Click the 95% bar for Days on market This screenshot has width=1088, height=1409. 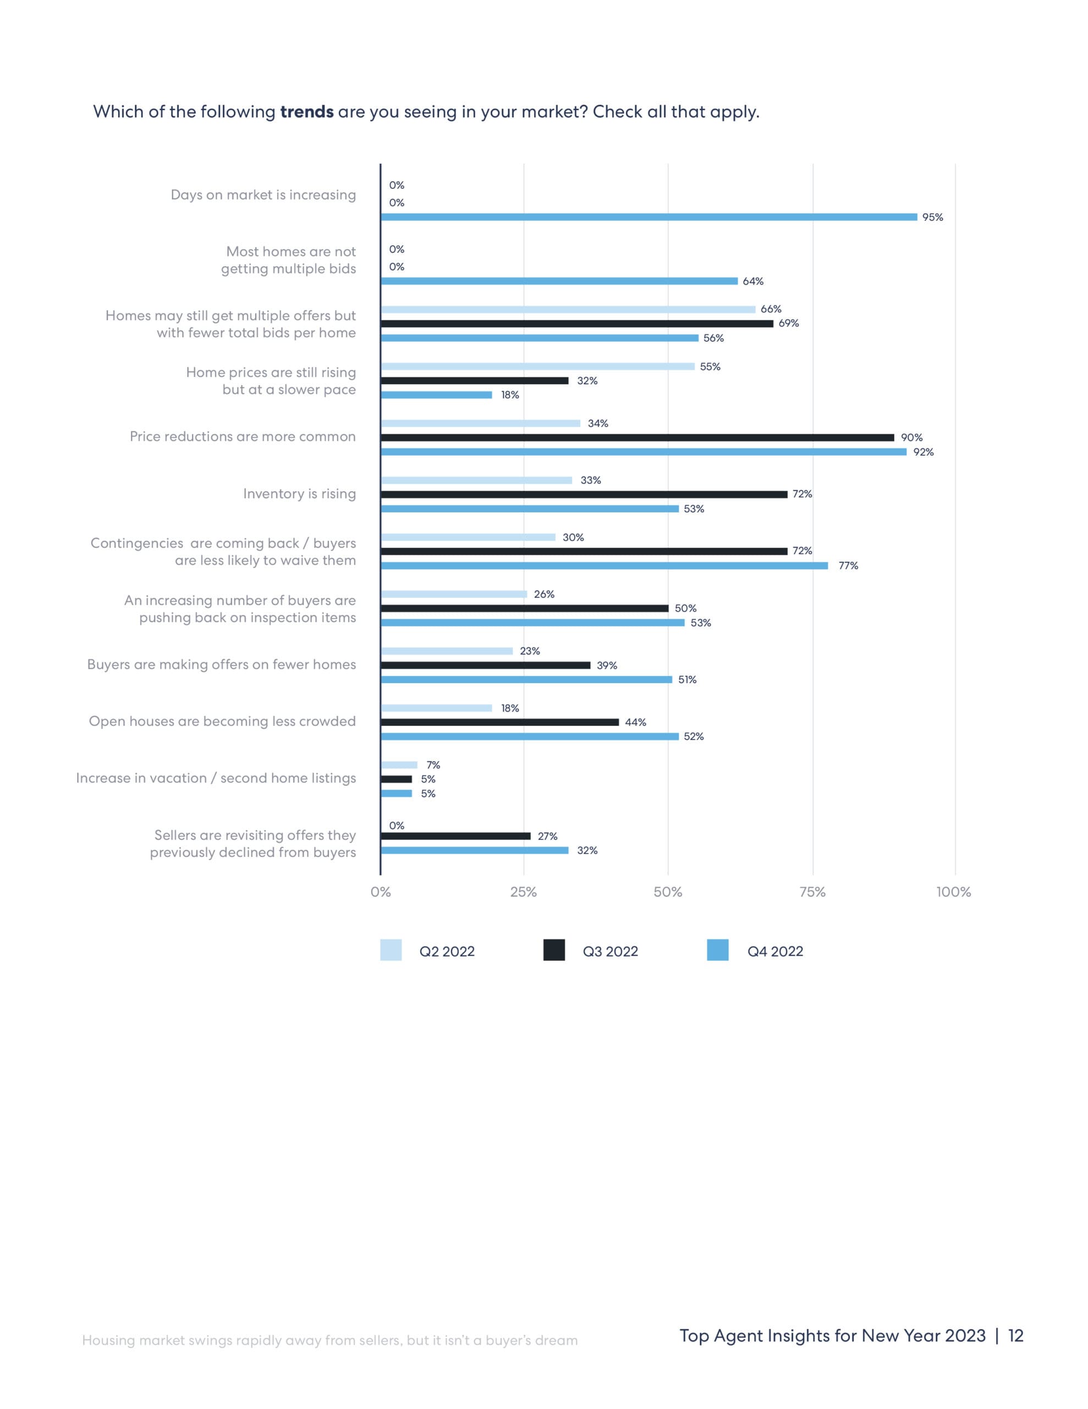pos(648,217)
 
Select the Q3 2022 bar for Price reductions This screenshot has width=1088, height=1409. pos(637,438)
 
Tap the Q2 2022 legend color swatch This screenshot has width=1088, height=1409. pos(391,951)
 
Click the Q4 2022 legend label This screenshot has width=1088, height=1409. pos(774,952)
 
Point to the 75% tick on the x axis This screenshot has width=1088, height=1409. pos(812,892)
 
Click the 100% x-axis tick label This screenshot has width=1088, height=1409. pos(953,892)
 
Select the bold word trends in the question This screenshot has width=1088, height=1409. pos(306,112)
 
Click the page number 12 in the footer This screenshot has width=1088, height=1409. pos(1016,1335)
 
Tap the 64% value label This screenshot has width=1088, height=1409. pos(752,281)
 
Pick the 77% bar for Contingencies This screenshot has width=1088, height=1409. pos(605,566)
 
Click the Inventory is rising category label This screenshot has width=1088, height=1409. pos(299,494)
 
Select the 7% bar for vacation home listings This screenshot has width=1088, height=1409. pos(399,765)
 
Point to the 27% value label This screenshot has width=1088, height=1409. pos(547,836)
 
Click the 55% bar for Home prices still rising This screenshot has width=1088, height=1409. pos(537,367)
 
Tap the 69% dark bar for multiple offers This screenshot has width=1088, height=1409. pos(576,324)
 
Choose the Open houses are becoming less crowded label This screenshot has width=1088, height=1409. pos(222,721)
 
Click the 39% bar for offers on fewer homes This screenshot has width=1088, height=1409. pos(485,665)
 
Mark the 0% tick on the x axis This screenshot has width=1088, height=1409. pos(381,892)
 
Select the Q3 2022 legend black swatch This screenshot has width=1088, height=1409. pos(554,951)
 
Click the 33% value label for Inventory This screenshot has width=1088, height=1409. pos(590,480)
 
